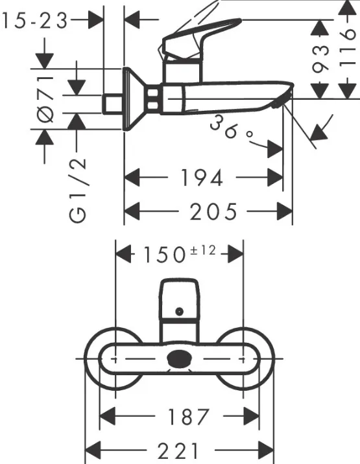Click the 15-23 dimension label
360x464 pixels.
[34, 21]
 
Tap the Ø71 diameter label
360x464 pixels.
[45, 99]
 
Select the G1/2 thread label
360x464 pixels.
[78, 190]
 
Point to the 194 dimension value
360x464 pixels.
[202, 178]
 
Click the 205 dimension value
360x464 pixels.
[213, 211]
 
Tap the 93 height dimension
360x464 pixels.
[320, 59]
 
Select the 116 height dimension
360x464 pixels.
[346, 47]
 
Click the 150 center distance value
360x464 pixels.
[164, 255]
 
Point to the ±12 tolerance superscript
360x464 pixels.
[202, 250]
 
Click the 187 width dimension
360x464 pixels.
[189, 417]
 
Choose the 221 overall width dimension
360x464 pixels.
[178, 451]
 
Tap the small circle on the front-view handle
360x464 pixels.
[179, 311]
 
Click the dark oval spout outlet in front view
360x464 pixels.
[178, 358]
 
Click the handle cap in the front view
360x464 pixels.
[179, 300]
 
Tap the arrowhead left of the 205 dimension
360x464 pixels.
[132, 211]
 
